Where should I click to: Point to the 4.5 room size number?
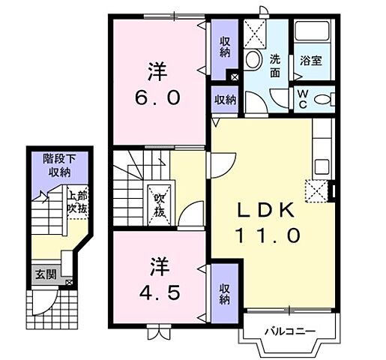tap(156, 291)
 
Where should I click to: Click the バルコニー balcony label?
tap(289, 331)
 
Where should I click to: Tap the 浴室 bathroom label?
tap(311, 60)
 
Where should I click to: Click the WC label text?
tap(301, 99)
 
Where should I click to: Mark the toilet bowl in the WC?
tap(322, 99)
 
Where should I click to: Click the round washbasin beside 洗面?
tap(253, 59)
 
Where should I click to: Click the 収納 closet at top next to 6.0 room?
tap(225, 47)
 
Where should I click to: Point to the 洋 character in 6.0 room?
tap(156, 73)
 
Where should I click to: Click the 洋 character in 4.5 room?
tap(156, 266)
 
